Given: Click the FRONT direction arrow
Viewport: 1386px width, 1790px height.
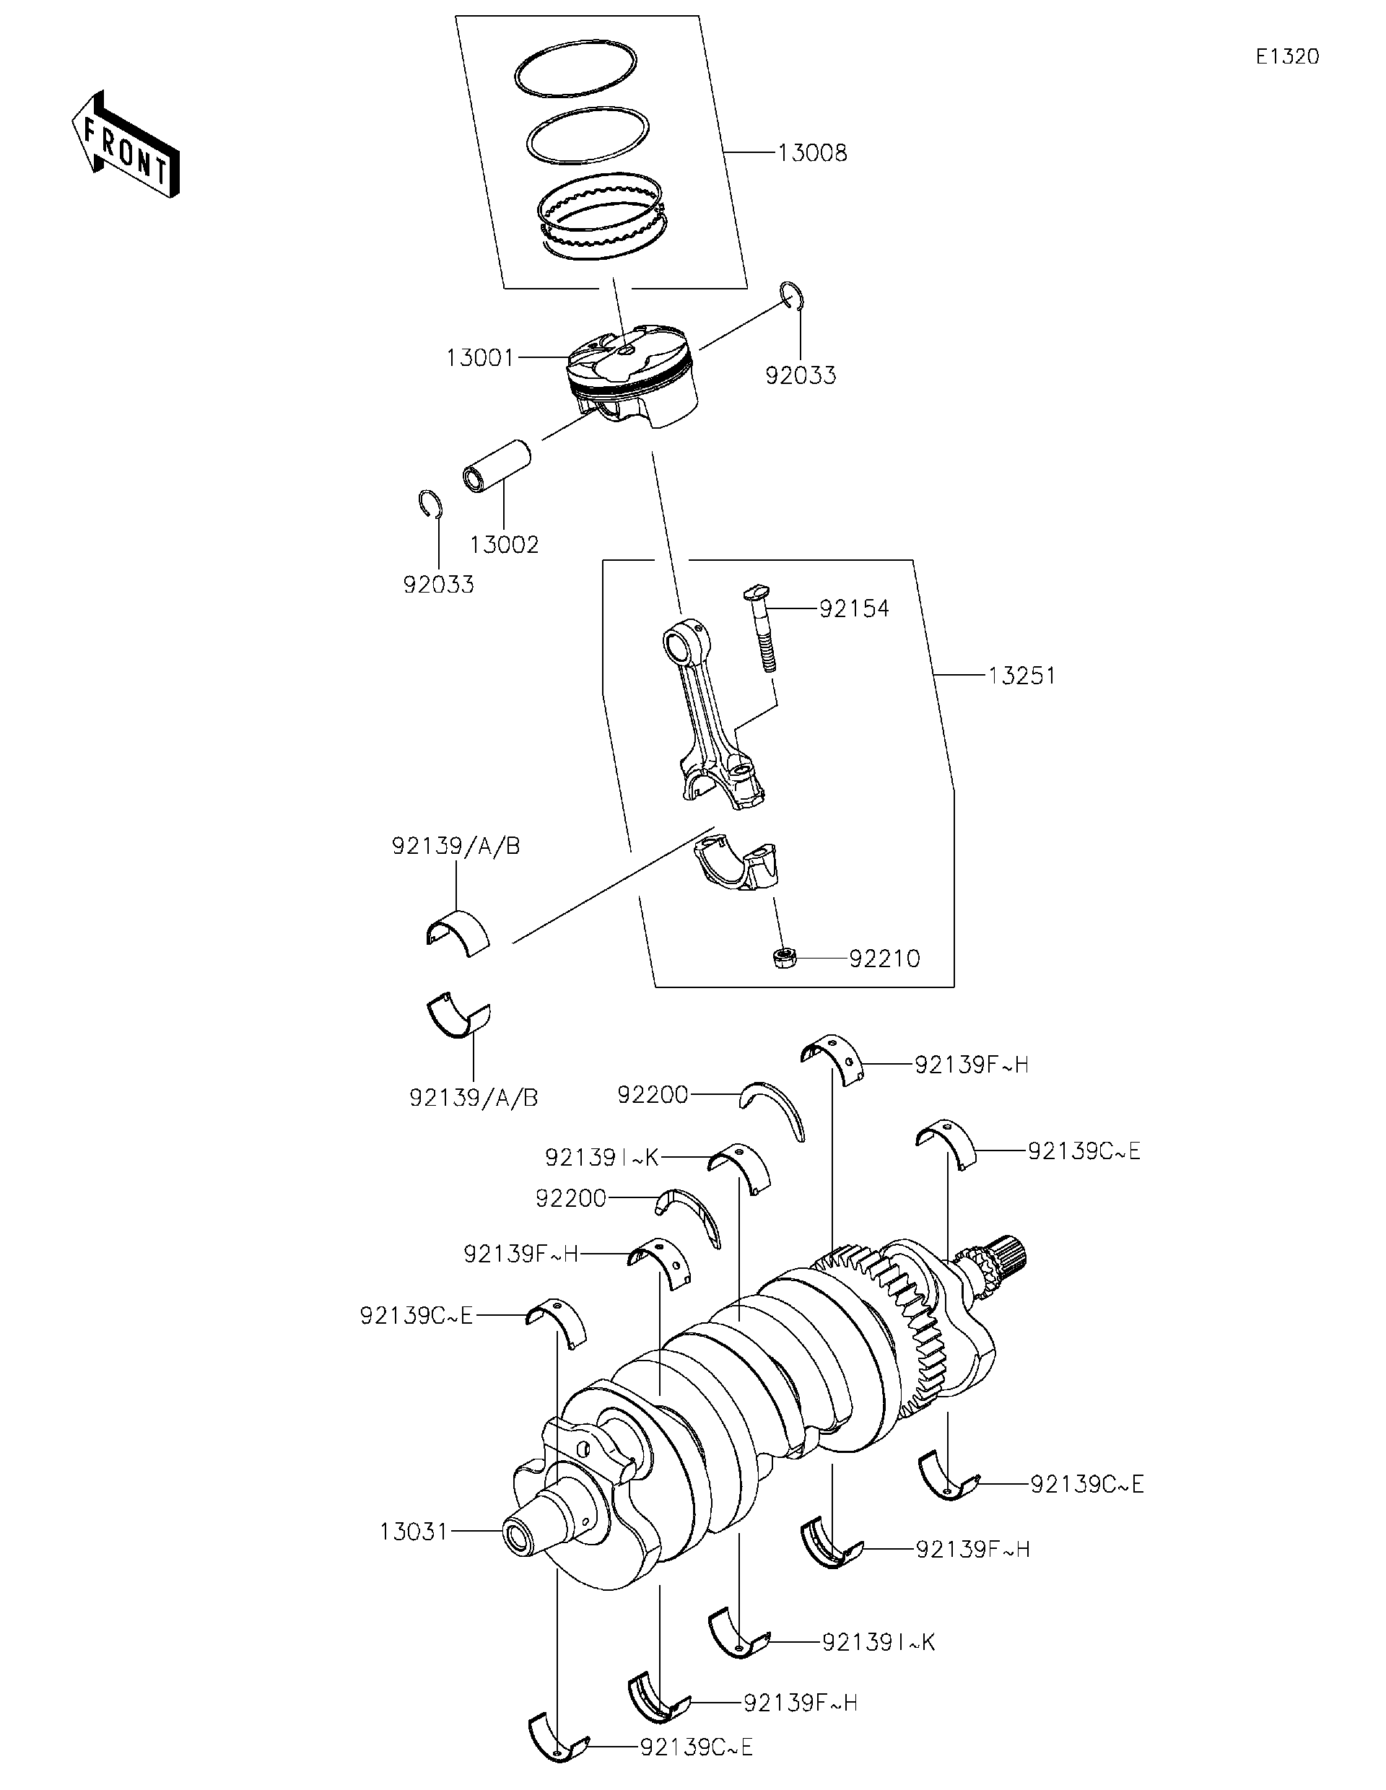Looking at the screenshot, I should pyautogui.click(x=126, y=144).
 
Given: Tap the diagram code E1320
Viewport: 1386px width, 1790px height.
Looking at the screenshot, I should pyautogui.click(x=1287, y=56).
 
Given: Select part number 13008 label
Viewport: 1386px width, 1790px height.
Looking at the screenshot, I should pyautogui.click(x=811, y=153).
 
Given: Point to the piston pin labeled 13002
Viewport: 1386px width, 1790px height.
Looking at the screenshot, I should pyautogui.click(x=497, y=467).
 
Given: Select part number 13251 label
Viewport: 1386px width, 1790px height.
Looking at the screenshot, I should pyautogui.click(x=1021, y=676).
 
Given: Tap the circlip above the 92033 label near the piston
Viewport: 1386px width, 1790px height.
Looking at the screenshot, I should pyautogui.click(x=792, y=295).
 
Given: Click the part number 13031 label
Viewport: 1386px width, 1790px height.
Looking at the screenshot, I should pyautogui.click(x=414, y=1531).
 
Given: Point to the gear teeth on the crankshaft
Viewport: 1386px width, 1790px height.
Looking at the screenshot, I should pyautogui.click(x=902, y=1319).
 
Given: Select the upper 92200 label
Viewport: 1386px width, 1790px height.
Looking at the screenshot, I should pyautogui.click(x=653, y=1094).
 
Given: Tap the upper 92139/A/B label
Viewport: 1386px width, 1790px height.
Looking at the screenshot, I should pyautogui.click(x=456, y=846).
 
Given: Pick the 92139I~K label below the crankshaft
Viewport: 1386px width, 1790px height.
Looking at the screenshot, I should pyautogui.click(x=878, y=1641).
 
